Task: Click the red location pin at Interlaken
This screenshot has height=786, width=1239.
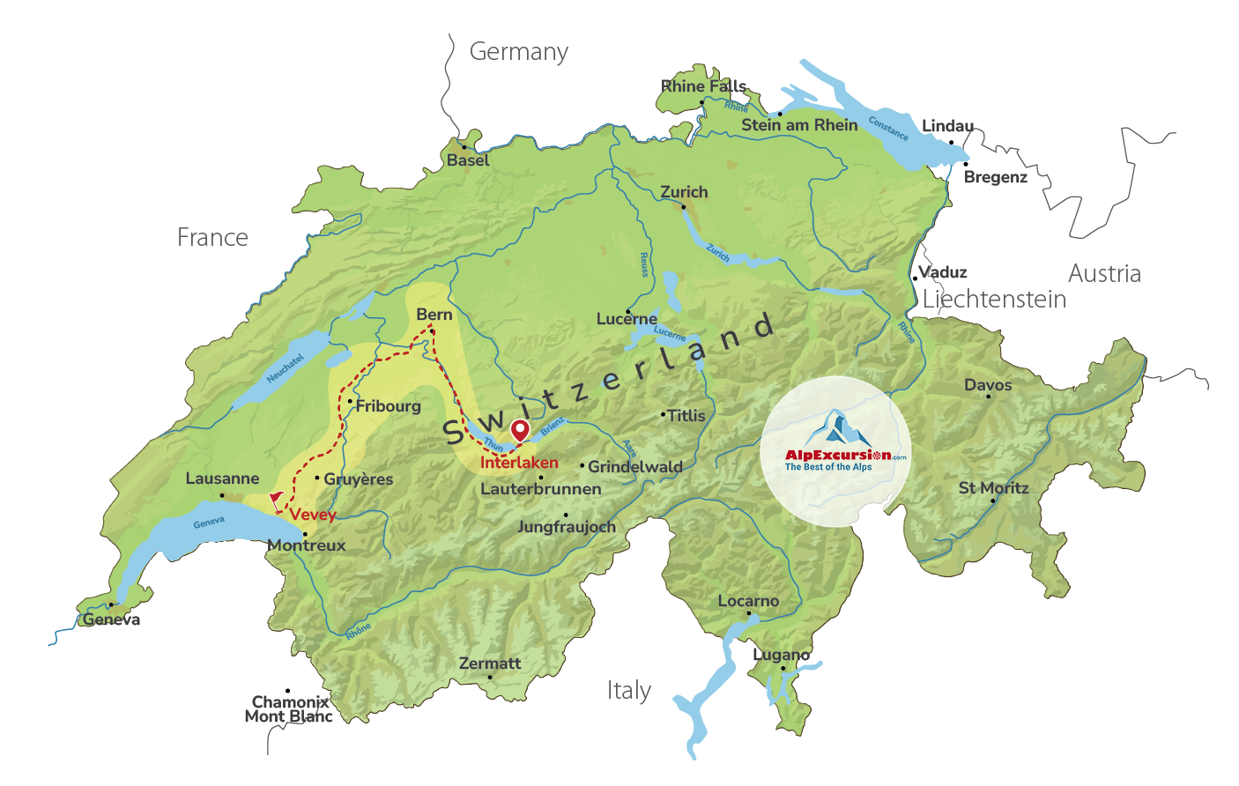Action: click(521, 430)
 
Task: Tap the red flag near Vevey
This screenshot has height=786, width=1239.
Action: click(277, 500)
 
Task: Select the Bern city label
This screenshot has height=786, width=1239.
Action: click(434, 315)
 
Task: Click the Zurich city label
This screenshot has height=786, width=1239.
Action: click(684, 192)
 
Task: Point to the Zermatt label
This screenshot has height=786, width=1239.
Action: click(490, 663)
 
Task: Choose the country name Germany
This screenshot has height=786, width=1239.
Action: click(518, 52)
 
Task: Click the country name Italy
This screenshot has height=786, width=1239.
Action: click(628, 690)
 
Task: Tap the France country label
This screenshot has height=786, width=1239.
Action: click(212, 238)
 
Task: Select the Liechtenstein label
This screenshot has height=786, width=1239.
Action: click(994, 300)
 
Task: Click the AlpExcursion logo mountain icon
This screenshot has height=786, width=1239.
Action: click(836, 428)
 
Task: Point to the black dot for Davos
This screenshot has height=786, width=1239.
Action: click(988, 397)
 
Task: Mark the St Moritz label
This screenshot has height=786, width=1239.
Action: click(993, 488)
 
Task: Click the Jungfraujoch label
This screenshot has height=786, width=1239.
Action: click(566, 527)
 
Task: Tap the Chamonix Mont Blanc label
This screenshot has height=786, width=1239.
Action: click(289, 708)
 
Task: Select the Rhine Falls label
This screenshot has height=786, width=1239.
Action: click(703, 86)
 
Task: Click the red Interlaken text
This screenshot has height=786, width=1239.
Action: click(519, 463)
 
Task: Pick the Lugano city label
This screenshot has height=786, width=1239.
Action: click(781, 655)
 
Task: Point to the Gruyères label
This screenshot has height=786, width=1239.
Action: click(358, 479)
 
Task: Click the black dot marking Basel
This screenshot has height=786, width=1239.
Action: click(464, 147)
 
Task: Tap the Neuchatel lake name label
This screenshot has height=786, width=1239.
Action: click(285, 368)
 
